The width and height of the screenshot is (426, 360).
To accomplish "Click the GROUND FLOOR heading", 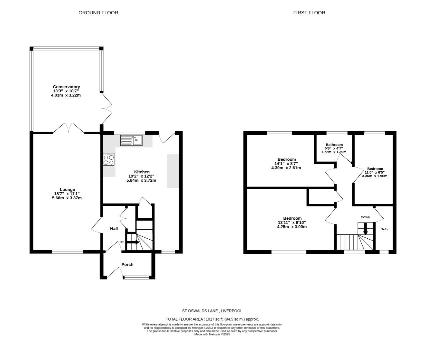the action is coord(98,13).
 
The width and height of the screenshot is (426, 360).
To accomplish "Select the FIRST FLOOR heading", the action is coord(309,13).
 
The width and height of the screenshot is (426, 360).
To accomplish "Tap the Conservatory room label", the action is coord(66,87).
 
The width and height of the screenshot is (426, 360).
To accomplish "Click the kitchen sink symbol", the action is coord(131,140).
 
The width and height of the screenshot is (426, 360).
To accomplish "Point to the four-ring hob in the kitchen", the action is coord(109,159).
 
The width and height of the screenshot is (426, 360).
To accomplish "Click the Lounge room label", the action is coord(67,189).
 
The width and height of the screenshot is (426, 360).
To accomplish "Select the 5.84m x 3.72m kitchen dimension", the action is coord(141,180).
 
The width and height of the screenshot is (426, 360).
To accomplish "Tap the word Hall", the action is coord(114,228).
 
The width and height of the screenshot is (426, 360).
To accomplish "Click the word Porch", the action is coord(127,264).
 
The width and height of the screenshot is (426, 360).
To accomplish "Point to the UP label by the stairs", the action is coord(122,242).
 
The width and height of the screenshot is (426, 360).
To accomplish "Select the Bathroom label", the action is coord(334,145).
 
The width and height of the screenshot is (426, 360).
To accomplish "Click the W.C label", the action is coord(384,229).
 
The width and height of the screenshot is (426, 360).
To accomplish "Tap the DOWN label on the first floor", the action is coord(365,217).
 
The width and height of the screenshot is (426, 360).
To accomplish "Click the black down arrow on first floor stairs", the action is coord(365,229).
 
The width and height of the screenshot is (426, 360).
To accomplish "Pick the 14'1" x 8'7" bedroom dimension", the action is coord(286,164).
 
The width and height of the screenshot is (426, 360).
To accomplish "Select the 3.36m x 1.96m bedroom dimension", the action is coord(375,176).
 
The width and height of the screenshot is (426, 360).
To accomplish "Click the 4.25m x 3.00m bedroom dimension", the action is coord(292,227).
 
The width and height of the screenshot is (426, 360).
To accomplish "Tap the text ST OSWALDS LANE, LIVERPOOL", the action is coord(212,311).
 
